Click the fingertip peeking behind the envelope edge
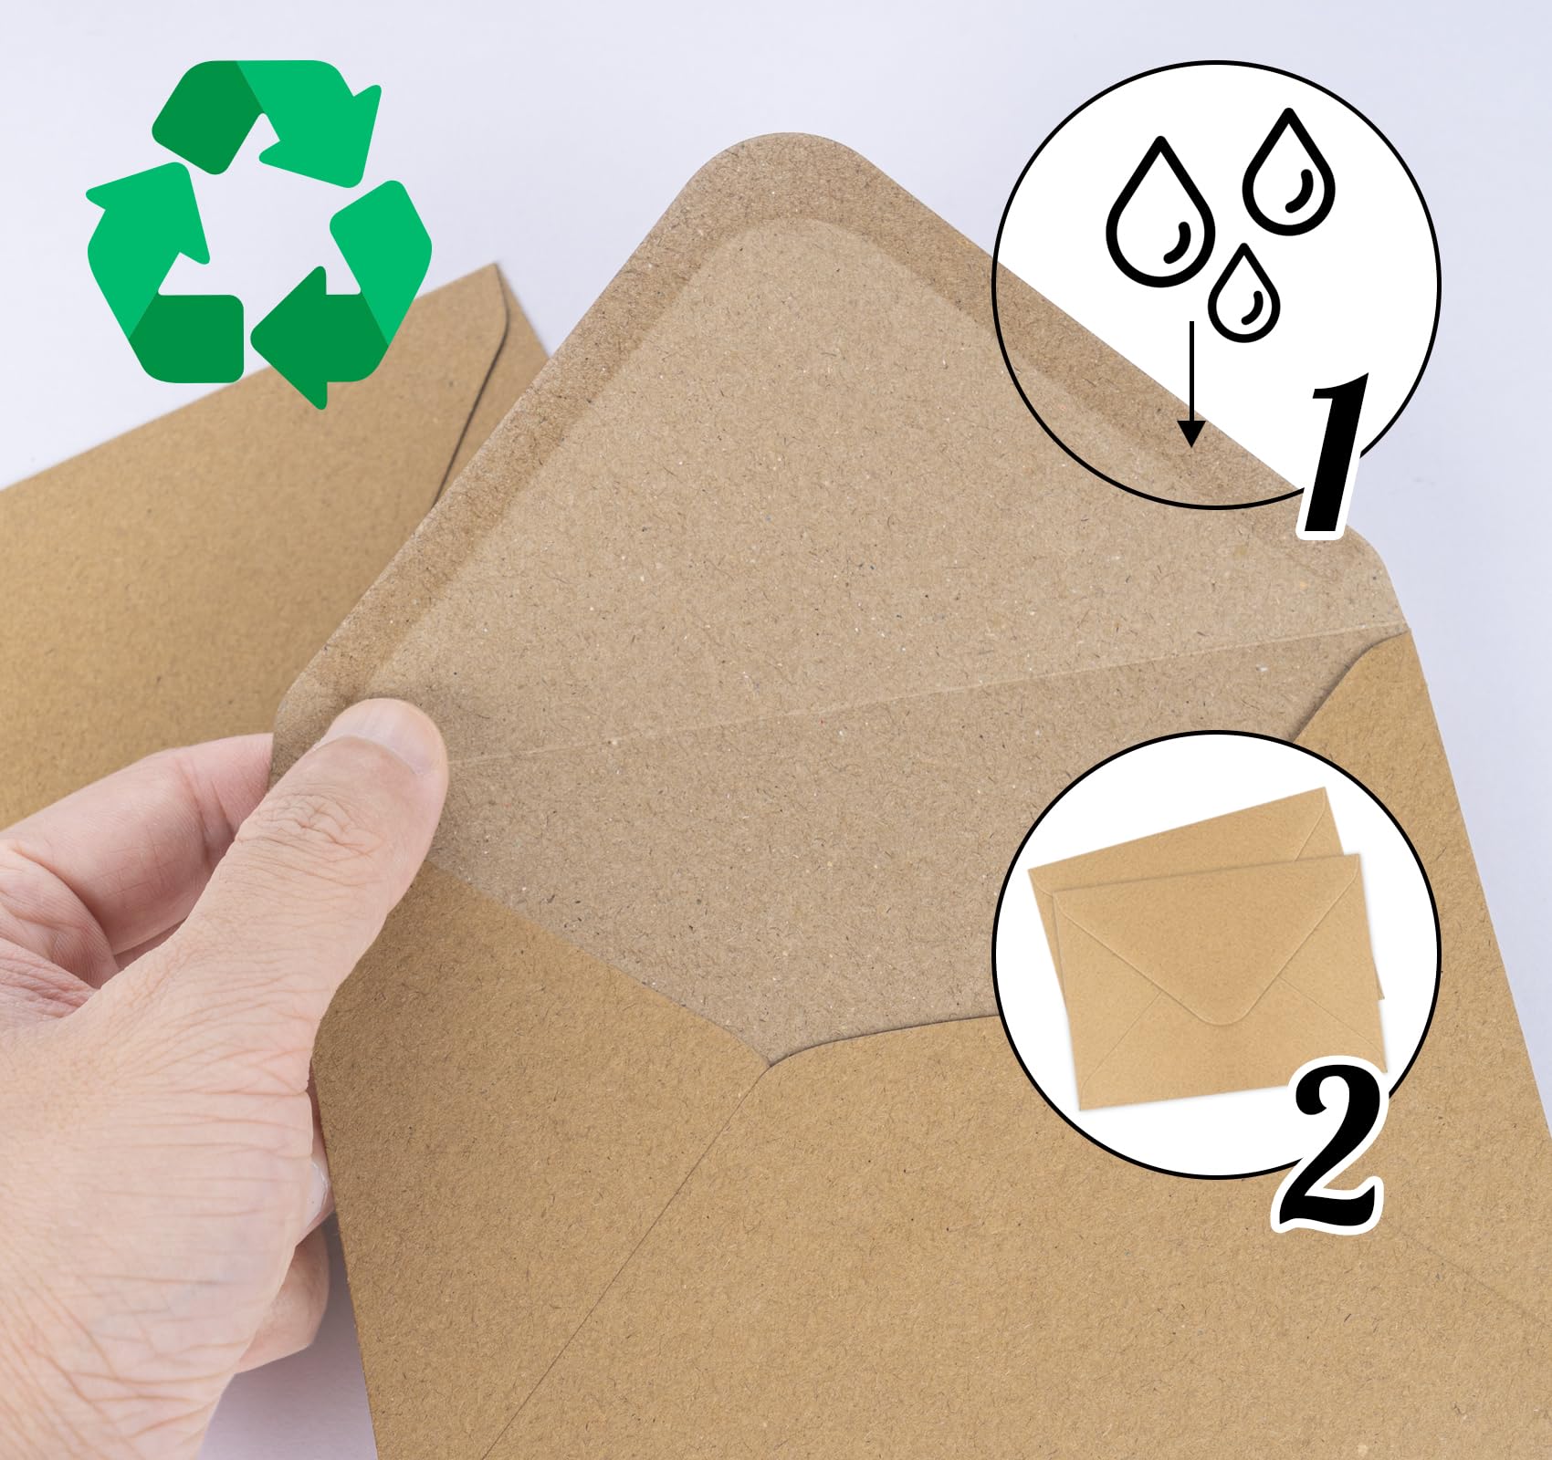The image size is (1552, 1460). tap(319, 1177)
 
